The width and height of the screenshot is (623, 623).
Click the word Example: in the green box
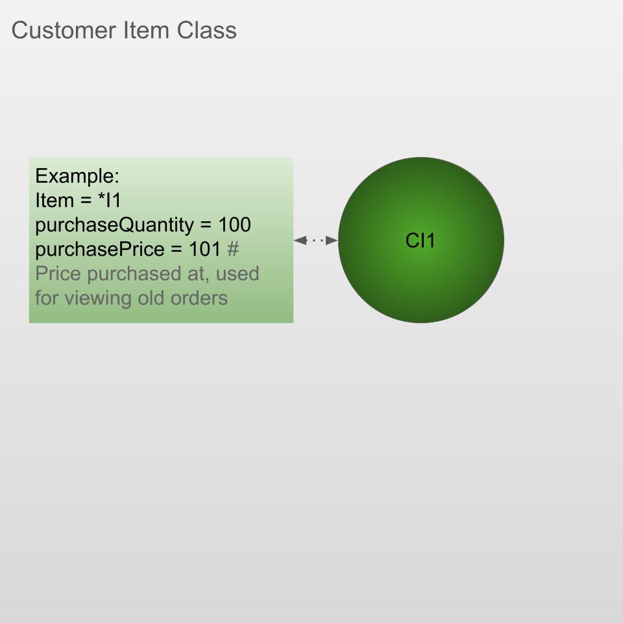point(77,176)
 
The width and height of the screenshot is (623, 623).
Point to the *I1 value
point(109,201)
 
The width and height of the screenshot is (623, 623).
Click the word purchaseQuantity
point(114,225)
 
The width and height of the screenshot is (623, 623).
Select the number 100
point(234,225)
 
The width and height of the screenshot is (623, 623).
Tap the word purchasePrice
point(99,249)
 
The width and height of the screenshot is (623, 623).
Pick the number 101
point(205,249)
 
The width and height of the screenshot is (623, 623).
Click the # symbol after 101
point(234,249)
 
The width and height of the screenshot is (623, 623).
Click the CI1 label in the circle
point(421,241)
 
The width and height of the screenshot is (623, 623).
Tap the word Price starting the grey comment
point(58,274)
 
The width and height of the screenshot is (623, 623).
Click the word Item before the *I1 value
point(55,201)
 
